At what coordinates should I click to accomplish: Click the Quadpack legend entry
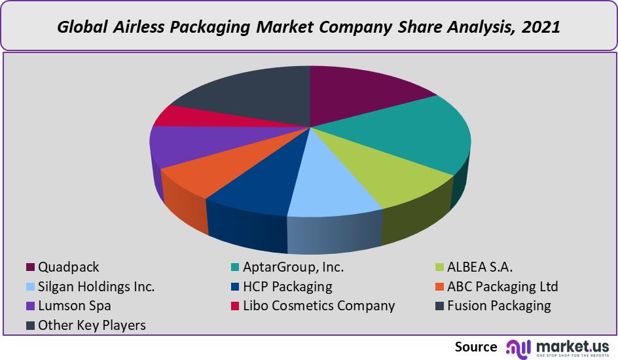click(69, 267)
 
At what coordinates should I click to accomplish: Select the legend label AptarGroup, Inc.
click(293, 267)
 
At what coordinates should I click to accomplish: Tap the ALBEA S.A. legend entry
click(480, 267)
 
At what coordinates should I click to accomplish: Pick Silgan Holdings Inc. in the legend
click(96, 287)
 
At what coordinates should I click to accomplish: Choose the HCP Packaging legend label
click(287, 287)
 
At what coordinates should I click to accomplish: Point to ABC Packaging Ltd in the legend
click(502, 287)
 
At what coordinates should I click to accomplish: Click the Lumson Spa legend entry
click(74, 306)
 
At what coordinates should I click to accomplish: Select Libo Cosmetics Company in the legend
click(319, 306)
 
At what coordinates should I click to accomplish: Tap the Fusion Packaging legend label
click(499, 306)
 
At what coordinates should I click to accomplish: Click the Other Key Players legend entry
click(92, 325)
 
